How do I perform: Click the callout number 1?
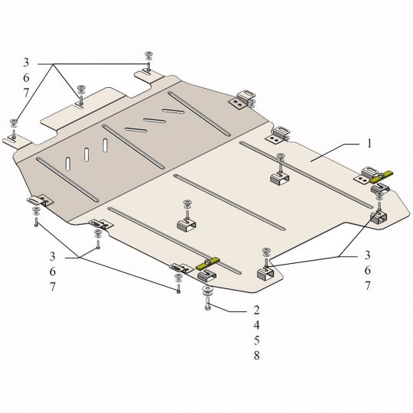(x=369, y=144)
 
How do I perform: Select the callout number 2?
(x=256, y=310)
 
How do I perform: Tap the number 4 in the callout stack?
(x=256, y=325)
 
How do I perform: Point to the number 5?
(x=256, y=340)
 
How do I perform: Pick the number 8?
(x=256, y=356)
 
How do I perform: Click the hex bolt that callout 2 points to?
(x=207, y=303)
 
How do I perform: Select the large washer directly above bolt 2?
(x=208, y=290)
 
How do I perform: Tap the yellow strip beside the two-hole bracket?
(x=381, y=177)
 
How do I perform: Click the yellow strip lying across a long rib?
(x=207, y=263)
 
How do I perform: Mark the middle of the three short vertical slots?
(x=86, y=154)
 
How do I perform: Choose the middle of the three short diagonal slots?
(x=154, y=121)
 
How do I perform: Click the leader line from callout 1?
(x=334, y=153)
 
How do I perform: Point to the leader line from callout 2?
(x=229, y=307)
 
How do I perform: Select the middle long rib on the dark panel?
(x=133, y=146)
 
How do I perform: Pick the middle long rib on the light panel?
(x=229, y=202)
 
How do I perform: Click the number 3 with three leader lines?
(x=26, y=63)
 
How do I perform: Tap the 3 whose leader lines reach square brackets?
(x=367, y=255)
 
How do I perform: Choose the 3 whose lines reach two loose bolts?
(x=53, y=256)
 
